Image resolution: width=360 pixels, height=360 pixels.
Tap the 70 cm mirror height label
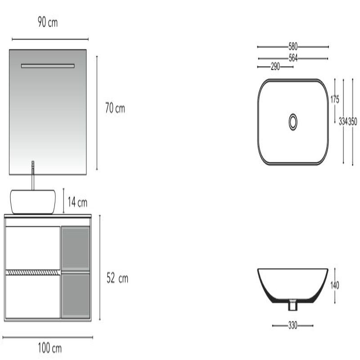pyautogui.click(x=115, y=109)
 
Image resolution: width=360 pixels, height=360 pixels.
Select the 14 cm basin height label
pyautogui.click(x=77, y=202)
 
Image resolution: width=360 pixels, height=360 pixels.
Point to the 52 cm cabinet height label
pyautogui.click(x=117, y=279)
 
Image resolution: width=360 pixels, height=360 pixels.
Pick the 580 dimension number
pyautogui.click(x=293, y=46)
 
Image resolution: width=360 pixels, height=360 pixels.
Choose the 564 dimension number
pyautogui.click(x=293, y=58)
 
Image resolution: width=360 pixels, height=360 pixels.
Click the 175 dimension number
pyautogui.click(x=335, y=99)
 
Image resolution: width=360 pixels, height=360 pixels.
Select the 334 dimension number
pyautogui.click(x=343, y=121)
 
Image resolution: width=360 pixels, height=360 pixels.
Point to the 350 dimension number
pyautogui.click(x=353, y=121)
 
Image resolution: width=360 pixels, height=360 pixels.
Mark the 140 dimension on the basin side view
pyautogui.click(x=334, y=285)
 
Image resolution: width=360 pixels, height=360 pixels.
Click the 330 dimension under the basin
pyautogui.click(x=293, y=325)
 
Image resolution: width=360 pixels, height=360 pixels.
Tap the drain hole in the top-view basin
pyautogui.click(x=293, y=121)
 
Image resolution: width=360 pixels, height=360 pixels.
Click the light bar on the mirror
pyautogui.click(x=48, y=66)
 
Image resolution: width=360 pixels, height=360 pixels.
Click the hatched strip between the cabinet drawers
pyautogui.click(x=33, y=272)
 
